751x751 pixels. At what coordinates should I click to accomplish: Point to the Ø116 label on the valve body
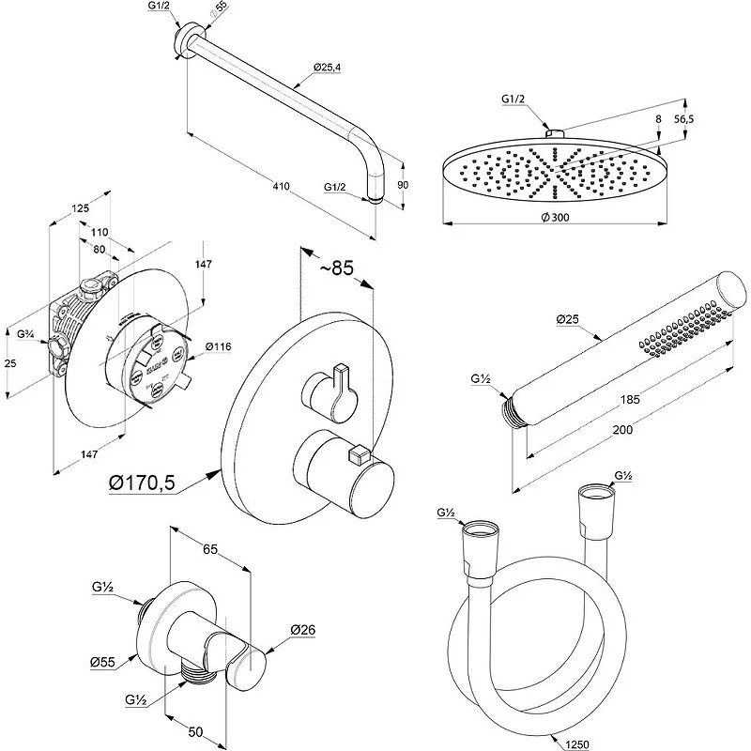(218, 347)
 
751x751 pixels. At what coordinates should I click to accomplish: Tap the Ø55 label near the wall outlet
(102, 662)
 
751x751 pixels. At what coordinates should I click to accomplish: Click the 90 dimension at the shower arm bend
(403, 186)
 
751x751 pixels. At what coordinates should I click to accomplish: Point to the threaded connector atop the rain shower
(554, 135)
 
